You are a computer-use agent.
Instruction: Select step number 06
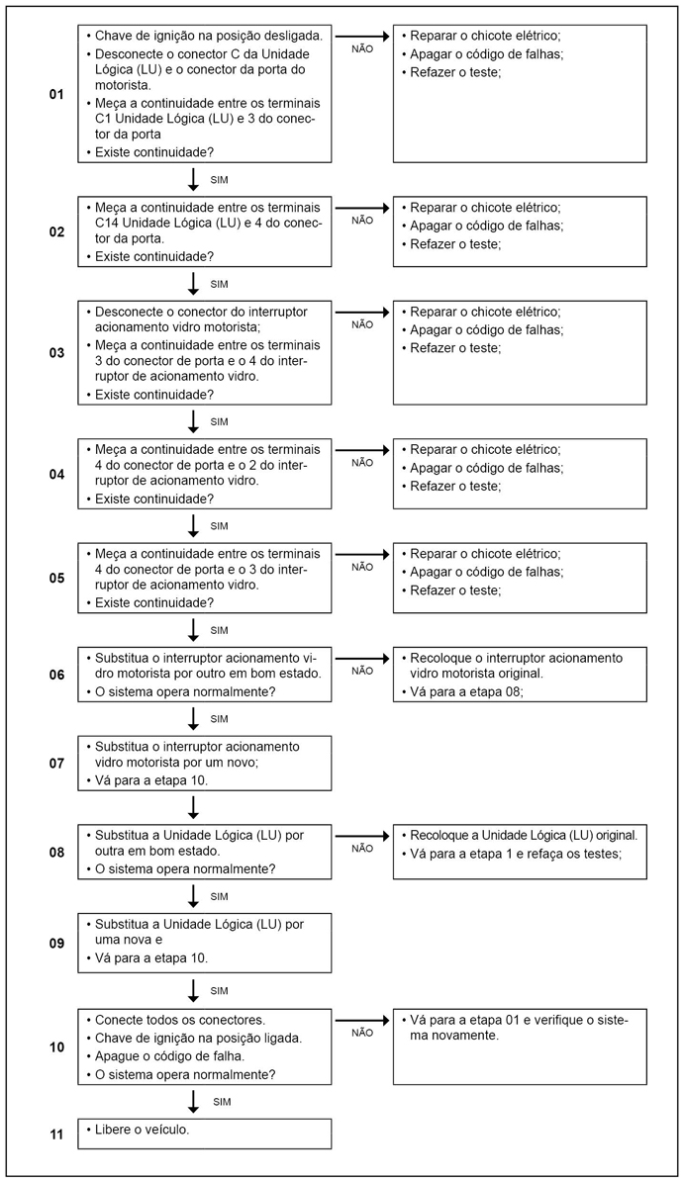point(56,675)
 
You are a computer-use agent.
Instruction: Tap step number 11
point(56,1134)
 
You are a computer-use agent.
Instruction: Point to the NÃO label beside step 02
point(362,221)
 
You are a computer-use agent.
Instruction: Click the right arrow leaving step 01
point(362,36)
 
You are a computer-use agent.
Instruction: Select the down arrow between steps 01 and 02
point(194,179)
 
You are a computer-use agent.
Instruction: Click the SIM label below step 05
point(220,630)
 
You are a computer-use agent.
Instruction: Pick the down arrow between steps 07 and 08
point(194,806)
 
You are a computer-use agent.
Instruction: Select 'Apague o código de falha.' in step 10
point(174,1055)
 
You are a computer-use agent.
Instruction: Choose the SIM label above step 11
point(220,1101)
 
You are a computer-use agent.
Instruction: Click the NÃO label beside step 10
point(362,1033)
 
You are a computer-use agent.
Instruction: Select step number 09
point(56,943)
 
